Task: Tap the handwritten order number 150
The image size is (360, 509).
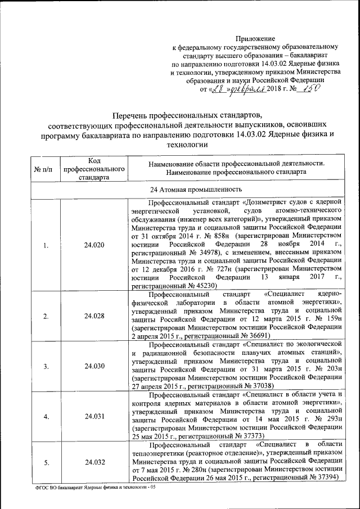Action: [314, 88]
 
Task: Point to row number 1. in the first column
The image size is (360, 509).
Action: [46, 245]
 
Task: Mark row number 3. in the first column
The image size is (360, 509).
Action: [46, 366]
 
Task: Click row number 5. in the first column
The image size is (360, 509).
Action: [46, 462]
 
